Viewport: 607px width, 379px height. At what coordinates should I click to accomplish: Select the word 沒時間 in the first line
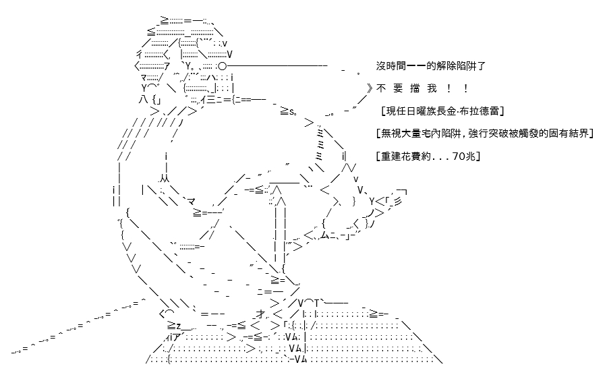(x=391, y=66)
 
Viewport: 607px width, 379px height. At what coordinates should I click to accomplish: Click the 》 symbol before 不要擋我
(x=370, y=88)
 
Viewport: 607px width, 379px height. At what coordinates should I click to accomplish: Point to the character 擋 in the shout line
(x=415, y=88)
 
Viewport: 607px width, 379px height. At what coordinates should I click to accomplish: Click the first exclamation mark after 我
(x=449, y=88)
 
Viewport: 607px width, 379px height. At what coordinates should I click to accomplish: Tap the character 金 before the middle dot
(x=451, y=111)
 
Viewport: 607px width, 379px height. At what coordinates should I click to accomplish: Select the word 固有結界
(x=569, y=134)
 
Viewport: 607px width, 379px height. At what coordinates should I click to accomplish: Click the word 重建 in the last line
(x=391, y=156)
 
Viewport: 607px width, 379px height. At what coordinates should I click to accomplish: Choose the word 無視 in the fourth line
(x=391, y=134)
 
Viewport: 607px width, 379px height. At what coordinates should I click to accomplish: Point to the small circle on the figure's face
(x=223, y=66)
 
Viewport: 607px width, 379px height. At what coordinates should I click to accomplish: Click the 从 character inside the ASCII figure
(x=164, y=179)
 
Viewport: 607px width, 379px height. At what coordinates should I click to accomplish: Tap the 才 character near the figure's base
(x=260, y=314)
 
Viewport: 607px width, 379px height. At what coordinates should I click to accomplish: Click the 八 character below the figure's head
(x=143, y=100)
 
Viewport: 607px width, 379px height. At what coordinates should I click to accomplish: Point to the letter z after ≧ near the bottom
(x=179, y=325)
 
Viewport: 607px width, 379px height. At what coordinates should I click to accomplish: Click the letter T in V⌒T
(x=317, y=303)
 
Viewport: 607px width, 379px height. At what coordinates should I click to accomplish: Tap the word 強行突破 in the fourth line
(x=488, y=134)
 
